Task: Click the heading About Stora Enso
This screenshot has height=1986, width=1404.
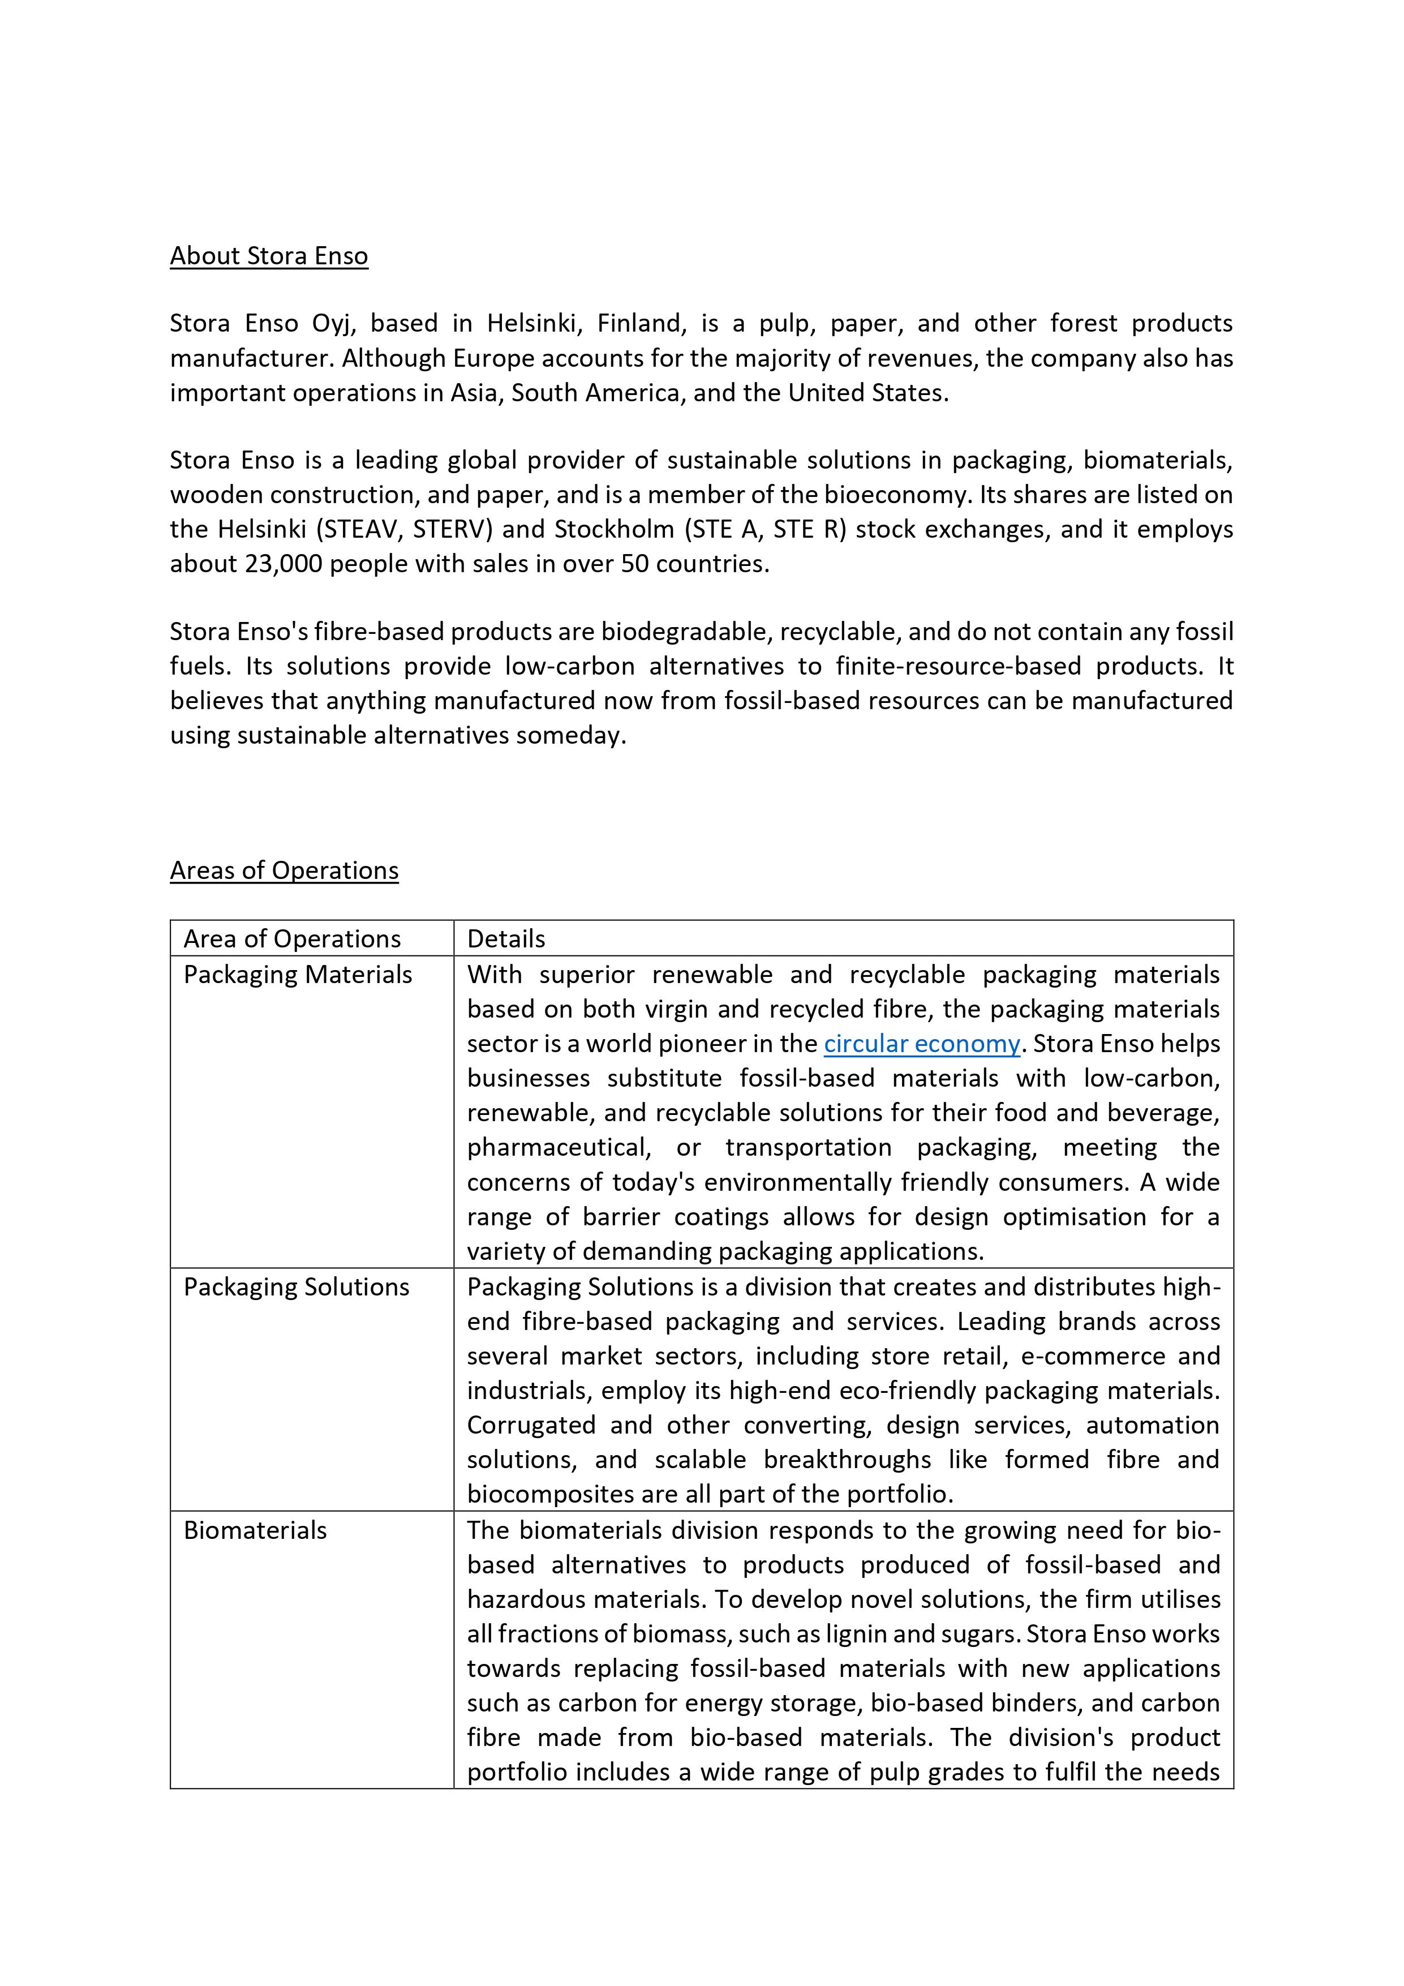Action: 268,256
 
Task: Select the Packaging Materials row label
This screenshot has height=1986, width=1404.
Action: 298,975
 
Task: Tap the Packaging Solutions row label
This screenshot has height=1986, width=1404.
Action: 296,1287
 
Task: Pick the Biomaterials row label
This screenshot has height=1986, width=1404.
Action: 255,1530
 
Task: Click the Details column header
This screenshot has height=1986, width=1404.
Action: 506,940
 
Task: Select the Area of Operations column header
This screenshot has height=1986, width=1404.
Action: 293,940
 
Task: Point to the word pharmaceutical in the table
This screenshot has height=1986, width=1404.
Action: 558,1148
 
